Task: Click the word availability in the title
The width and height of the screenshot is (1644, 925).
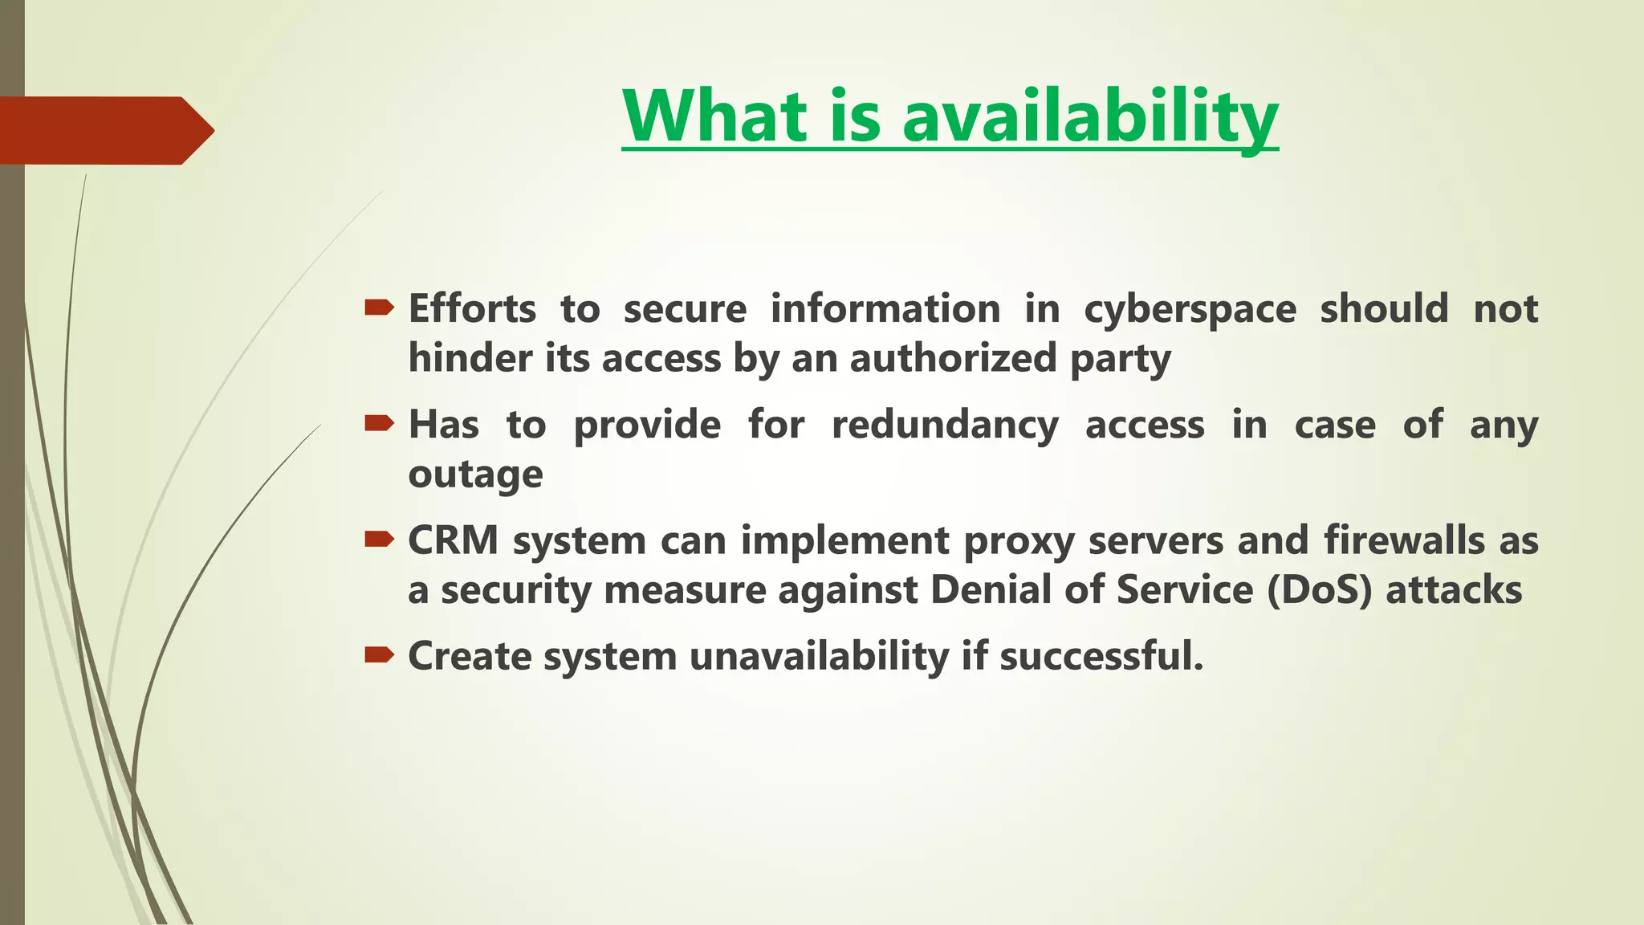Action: [x=1089, y=117]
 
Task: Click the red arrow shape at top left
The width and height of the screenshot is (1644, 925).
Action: [x=104, y=130]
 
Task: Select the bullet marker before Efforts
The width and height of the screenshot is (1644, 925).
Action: [x=379, y=308]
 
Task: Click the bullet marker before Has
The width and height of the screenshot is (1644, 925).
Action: [x=379, y=423]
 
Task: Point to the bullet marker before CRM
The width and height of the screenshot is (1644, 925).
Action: [x=379, y=539]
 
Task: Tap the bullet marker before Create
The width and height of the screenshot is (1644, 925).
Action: [x=379, y=655]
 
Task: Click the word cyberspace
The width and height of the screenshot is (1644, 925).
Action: [x=1190, y=310]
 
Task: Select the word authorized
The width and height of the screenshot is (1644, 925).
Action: [x=953, y=358]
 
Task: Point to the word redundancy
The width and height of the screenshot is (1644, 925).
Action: [x=945, y=426]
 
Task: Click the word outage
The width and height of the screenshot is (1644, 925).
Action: [x=475, y=475]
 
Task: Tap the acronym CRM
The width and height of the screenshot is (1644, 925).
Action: [x=454, y=540]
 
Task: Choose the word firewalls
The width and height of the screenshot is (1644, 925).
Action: [x=1404, y=540]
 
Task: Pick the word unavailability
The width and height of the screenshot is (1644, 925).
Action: [x=819, y=657]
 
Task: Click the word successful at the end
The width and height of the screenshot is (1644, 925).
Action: [x=1101, y=657]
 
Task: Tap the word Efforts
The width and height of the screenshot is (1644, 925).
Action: [x=472, y=309]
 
